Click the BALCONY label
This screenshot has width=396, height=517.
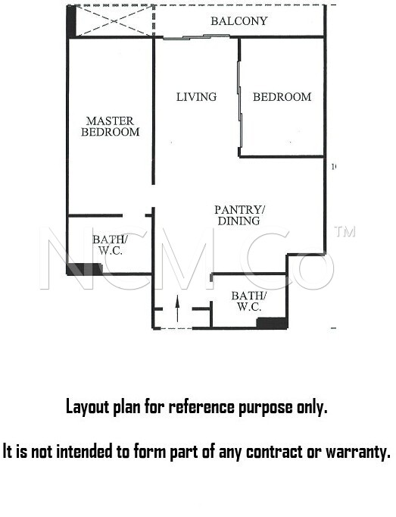click(239, 21)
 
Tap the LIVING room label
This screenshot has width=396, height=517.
click(196, 97)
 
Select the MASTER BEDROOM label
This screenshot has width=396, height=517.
click(111, 127)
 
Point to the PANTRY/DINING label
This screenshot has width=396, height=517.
click(239, 215)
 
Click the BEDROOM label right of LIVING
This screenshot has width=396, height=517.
click(282, 97)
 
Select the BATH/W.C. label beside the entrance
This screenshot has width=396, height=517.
click(249, 302)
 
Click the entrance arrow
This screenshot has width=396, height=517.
click(177, 309)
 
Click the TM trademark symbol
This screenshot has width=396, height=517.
click(345, 231)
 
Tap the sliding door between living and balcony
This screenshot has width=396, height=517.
click(196, 36)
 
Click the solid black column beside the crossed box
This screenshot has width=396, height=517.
click(71, 21)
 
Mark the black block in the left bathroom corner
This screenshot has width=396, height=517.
click(84, 268)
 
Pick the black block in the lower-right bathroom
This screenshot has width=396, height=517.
click(272, 323)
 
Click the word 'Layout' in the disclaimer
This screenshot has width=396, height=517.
click(87, 406)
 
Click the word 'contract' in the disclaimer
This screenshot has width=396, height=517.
click(275, 451)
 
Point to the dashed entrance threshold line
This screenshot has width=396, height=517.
click(176, 328)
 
